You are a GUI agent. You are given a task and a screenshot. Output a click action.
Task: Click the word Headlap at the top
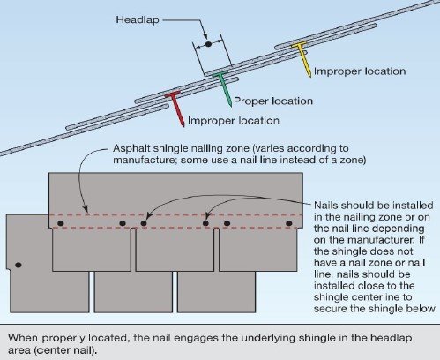coord(138,20)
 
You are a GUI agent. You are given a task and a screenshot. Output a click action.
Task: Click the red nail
coord(175,108)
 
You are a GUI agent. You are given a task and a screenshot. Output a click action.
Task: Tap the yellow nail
coord(302,58)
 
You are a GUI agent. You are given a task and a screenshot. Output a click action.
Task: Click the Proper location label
coord(273,101)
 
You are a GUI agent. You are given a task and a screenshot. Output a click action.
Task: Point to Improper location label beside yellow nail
coord(360,71)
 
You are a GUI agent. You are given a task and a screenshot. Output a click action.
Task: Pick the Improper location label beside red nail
coord(234,121)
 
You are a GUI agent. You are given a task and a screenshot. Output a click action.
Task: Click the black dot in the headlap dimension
coord(208,44)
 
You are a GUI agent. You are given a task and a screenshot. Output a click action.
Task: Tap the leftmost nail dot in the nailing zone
coord(61,223)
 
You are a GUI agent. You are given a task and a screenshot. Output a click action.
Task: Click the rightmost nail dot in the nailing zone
coord(289,223)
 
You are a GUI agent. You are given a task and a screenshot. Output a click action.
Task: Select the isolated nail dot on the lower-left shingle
coord(19,265)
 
